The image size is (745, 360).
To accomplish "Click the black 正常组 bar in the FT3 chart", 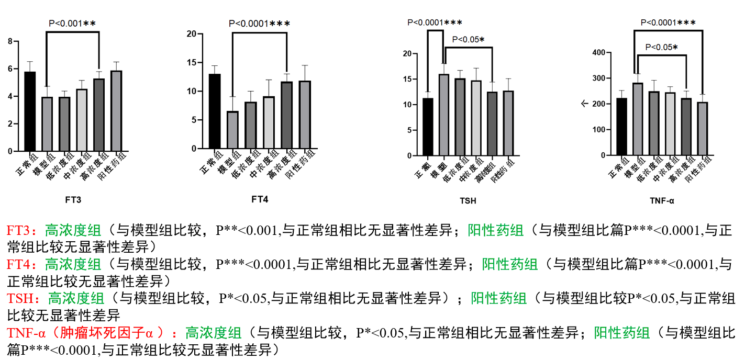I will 30,111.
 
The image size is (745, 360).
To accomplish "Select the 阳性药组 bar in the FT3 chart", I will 116,111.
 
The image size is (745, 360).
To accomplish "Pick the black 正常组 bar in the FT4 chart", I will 215,111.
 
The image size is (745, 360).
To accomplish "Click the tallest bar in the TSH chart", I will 443,115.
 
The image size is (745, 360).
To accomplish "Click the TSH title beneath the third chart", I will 468,201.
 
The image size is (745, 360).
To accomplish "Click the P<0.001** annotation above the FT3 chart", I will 72,23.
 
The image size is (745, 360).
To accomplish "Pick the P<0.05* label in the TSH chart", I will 468,39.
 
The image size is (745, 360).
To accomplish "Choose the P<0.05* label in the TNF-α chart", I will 661,47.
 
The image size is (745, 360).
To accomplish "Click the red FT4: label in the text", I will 24,265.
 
